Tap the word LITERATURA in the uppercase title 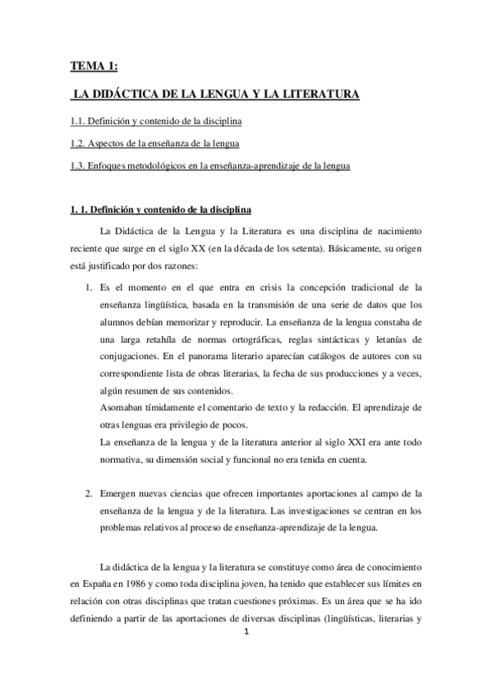click(313, 95)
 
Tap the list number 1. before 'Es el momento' click(90, 286)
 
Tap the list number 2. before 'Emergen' click(90, 493)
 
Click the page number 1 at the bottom click(246, 632)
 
